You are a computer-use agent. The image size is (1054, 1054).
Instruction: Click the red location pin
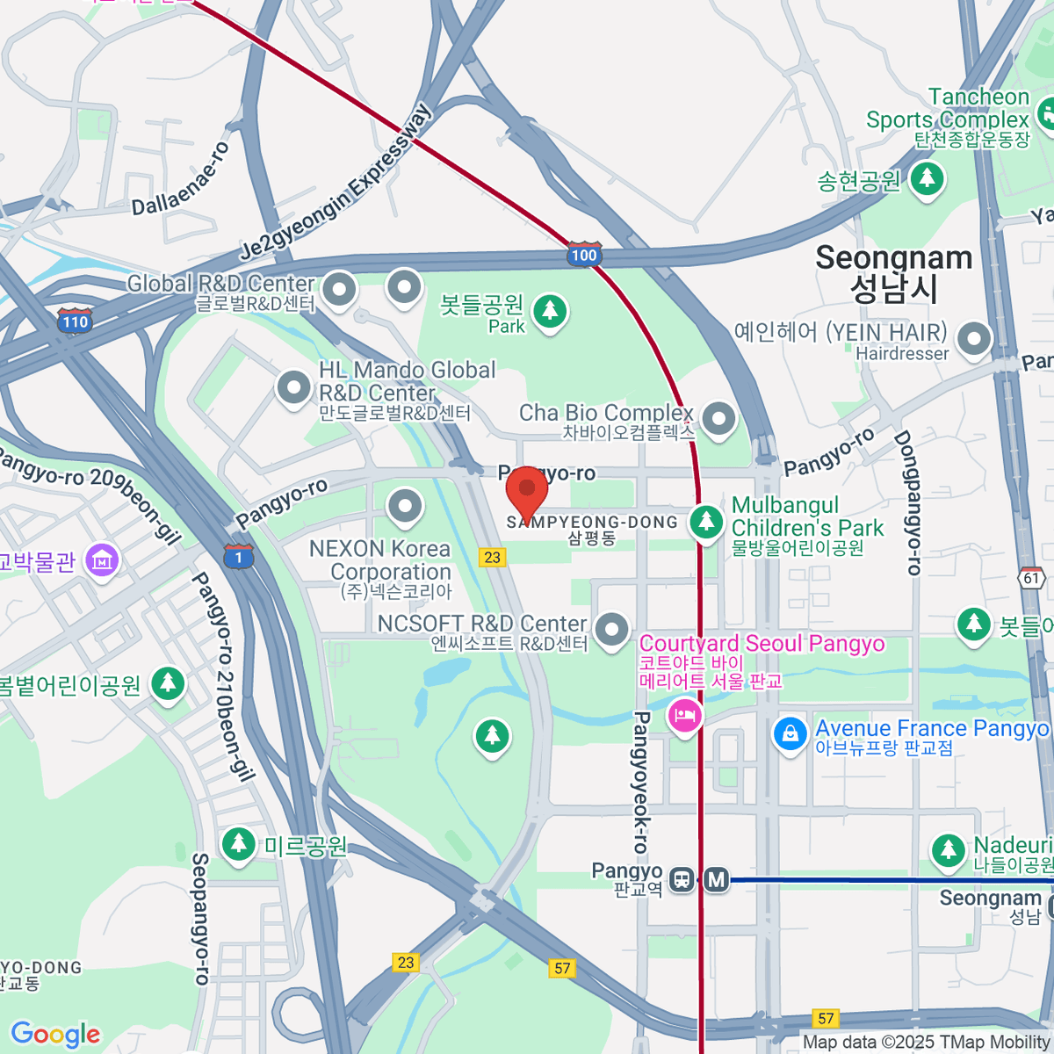pyautogui.click(x=527, y=490)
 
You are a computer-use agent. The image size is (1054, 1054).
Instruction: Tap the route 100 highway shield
pyautogui.click(x=584, y=255)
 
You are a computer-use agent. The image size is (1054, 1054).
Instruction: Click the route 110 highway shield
pyautogui.click(x=75, y=321)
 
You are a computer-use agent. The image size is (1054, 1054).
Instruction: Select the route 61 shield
pyautogui.click(x=1032, y=578)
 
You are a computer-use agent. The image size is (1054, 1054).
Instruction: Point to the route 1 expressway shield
pyautogui.click(x=238, y=557)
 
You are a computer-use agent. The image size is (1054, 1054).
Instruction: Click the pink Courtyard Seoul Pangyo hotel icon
pyautogui.click(x=684, y=715)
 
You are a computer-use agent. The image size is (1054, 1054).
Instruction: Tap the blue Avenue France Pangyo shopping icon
pyautogui.click(x=790, y=734)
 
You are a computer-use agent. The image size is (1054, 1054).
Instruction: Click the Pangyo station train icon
pyautogui.click(x=682, y=878)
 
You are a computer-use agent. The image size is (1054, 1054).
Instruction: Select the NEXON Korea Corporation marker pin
pyautogui.click(x=405, y=506)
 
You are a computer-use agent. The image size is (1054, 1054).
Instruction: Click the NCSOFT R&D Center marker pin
pyautogui.click(x=612, y=629)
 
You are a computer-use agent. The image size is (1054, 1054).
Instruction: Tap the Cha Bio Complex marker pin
pyautogui.click(x=719, y=418)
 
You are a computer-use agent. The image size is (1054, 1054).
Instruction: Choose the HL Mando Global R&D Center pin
pyautogui.click(x=293, y=387)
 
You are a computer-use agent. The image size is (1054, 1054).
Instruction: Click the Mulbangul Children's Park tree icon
pyautogui.click(x=706, y=521)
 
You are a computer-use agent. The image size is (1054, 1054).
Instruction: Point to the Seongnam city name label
pyautogui.click(x=893, y=272)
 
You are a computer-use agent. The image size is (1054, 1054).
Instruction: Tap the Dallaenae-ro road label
pyautogui.click(x=181, y=179)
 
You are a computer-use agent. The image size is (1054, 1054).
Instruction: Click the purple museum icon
pyautogui.click(x=103, y=560)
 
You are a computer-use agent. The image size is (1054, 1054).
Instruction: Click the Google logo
pyautogui.click(x=56, y=1035)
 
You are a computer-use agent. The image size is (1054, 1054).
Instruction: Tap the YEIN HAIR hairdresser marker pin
pyautogui.click(x=974, y=339)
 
